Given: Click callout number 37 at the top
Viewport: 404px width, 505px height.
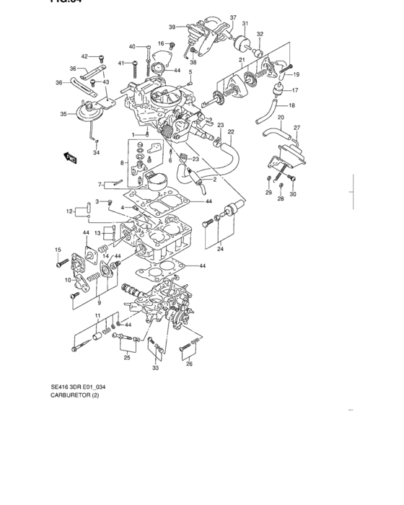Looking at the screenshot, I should tap(233, 17).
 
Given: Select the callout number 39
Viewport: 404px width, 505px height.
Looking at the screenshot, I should tap(172, 27).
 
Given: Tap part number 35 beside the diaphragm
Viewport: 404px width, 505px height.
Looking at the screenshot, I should tap(63, 114).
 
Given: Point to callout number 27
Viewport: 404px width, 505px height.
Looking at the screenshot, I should tap(297, 128).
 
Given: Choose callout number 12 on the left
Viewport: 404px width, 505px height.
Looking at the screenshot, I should tap(71, 211).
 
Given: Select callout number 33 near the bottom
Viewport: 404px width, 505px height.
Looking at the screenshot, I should tap(155, 368).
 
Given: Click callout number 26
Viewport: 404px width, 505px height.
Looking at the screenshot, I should tap(189, 364).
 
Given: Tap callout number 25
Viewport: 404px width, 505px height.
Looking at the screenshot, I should tap(127, 358).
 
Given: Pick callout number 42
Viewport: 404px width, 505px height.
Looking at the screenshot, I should tap(84, 56).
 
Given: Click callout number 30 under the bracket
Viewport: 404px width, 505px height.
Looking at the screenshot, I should tap(293, 195).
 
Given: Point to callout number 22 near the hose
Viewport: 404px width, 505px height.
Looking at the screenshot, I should tap(231, 132).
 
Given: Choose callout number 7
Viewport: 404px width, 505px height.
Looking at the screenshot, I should tap(100, 184).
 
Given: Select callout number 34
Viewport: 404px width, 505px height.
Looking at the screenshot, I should tap(97, 153).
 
